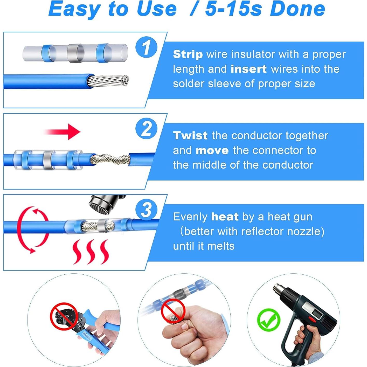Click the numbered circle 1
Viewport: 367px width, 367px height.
coord(146,47)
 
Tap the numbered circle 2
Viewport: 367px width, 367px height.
coord(146,128)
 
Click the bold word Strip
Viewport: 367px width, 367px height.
coord(188,54)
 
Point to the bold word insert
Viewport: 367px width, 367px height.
coord(248,69)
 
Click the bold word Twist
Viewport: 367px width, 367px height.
coord(190,136)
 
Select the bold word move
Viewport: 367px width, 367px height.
coord(212,150)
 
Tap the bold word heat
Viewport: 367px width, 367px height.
coord(225,217)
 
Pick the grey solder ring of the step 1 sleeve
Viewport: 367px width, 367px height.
coord(75,53)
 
